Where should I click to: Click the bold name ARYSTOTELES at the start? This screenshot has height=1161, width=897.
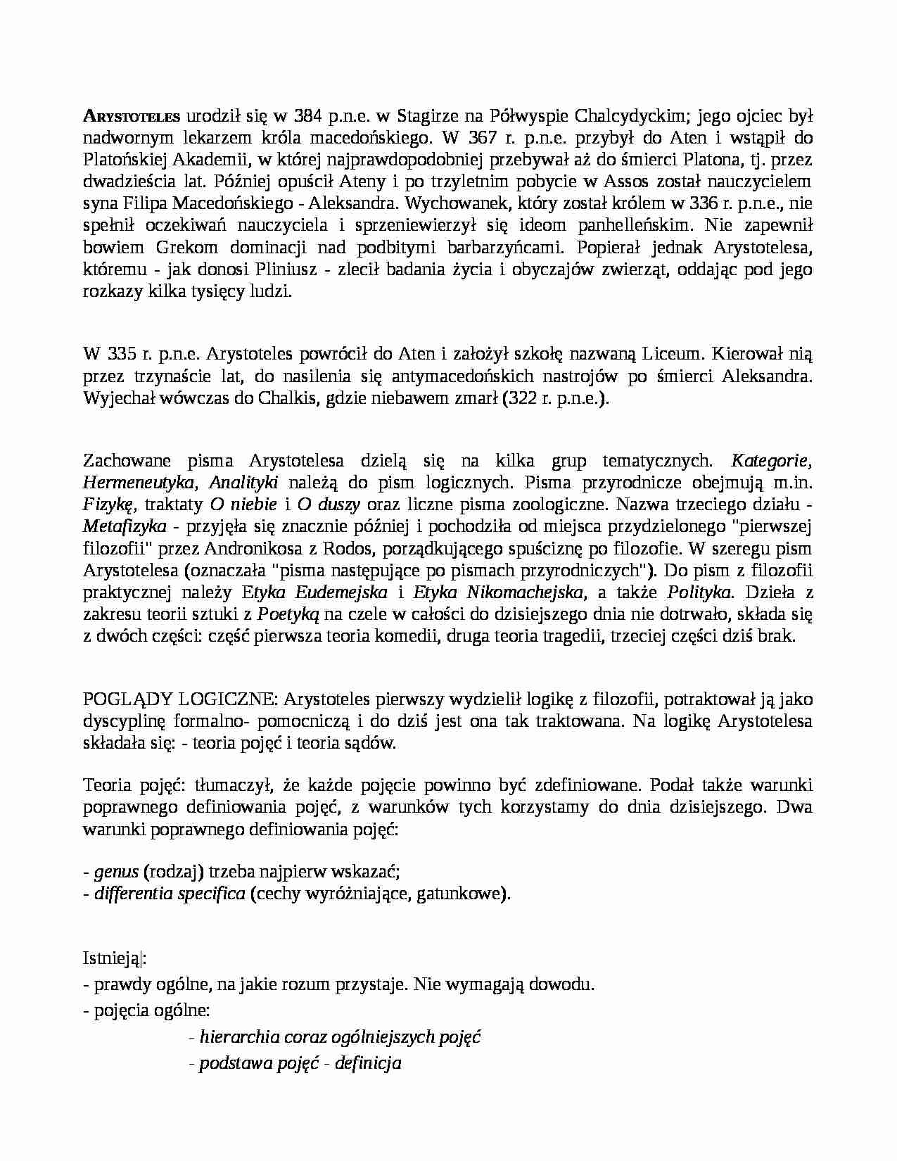click(132, 116)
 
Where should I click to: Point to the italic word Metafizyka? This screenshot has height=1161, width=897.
click(125, 526)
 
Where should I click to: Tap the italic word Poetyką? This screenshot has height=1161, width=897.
click(288, 614)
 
